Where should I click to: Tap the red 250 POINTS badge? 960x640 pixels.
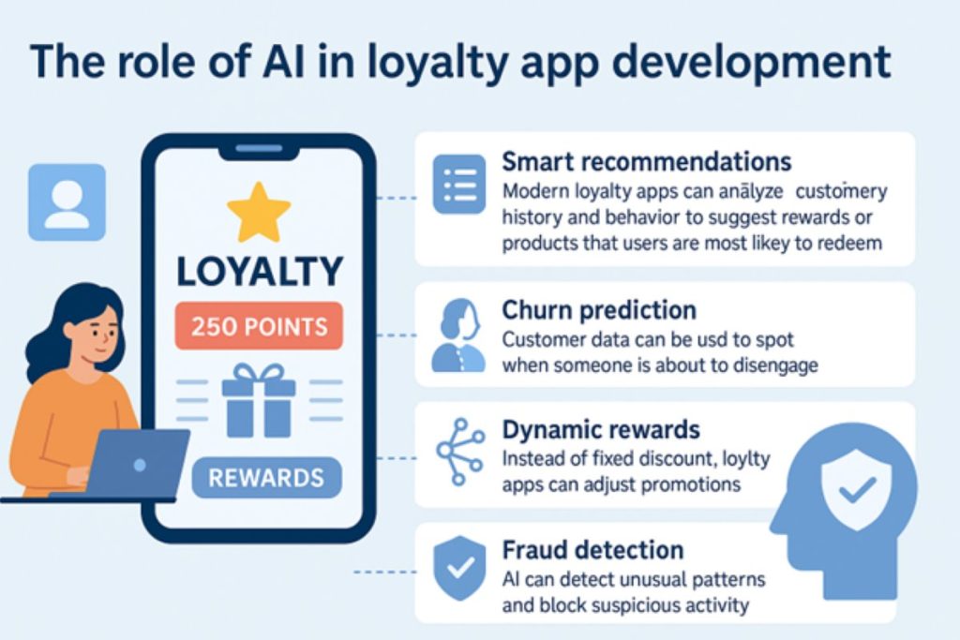coord(259,326)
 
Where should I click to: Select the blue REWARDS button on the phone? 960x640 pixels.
coord(266,477)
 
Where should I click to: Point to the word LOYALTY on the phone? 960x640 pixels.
coord(260,271)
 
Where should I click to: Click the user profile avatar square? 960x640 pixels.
coord(67,201)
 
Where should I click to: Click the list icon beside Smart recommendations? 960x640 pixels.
coord(459,185)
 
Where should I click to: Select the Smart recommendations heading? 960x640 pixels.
coord(647,161)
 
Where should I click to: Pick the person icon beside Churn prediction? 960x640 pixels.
coord(458,335)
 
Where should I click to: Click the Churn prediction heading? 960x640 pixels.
coord(599,310)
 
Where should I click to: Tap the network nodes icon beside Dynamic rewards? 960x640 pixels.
coord(460,452)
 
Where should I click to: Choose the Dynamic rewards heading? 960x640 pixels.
coord(601,429)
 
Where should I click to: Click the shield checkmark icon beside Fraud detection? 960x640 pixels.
coord(459,569)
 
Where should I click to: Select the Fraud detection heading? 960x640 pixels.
coord(592,549)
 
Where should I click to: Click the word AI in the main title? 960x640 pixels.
coord(283,61)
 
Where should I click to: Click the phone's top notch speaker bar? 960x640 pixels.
coord(259,148)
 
